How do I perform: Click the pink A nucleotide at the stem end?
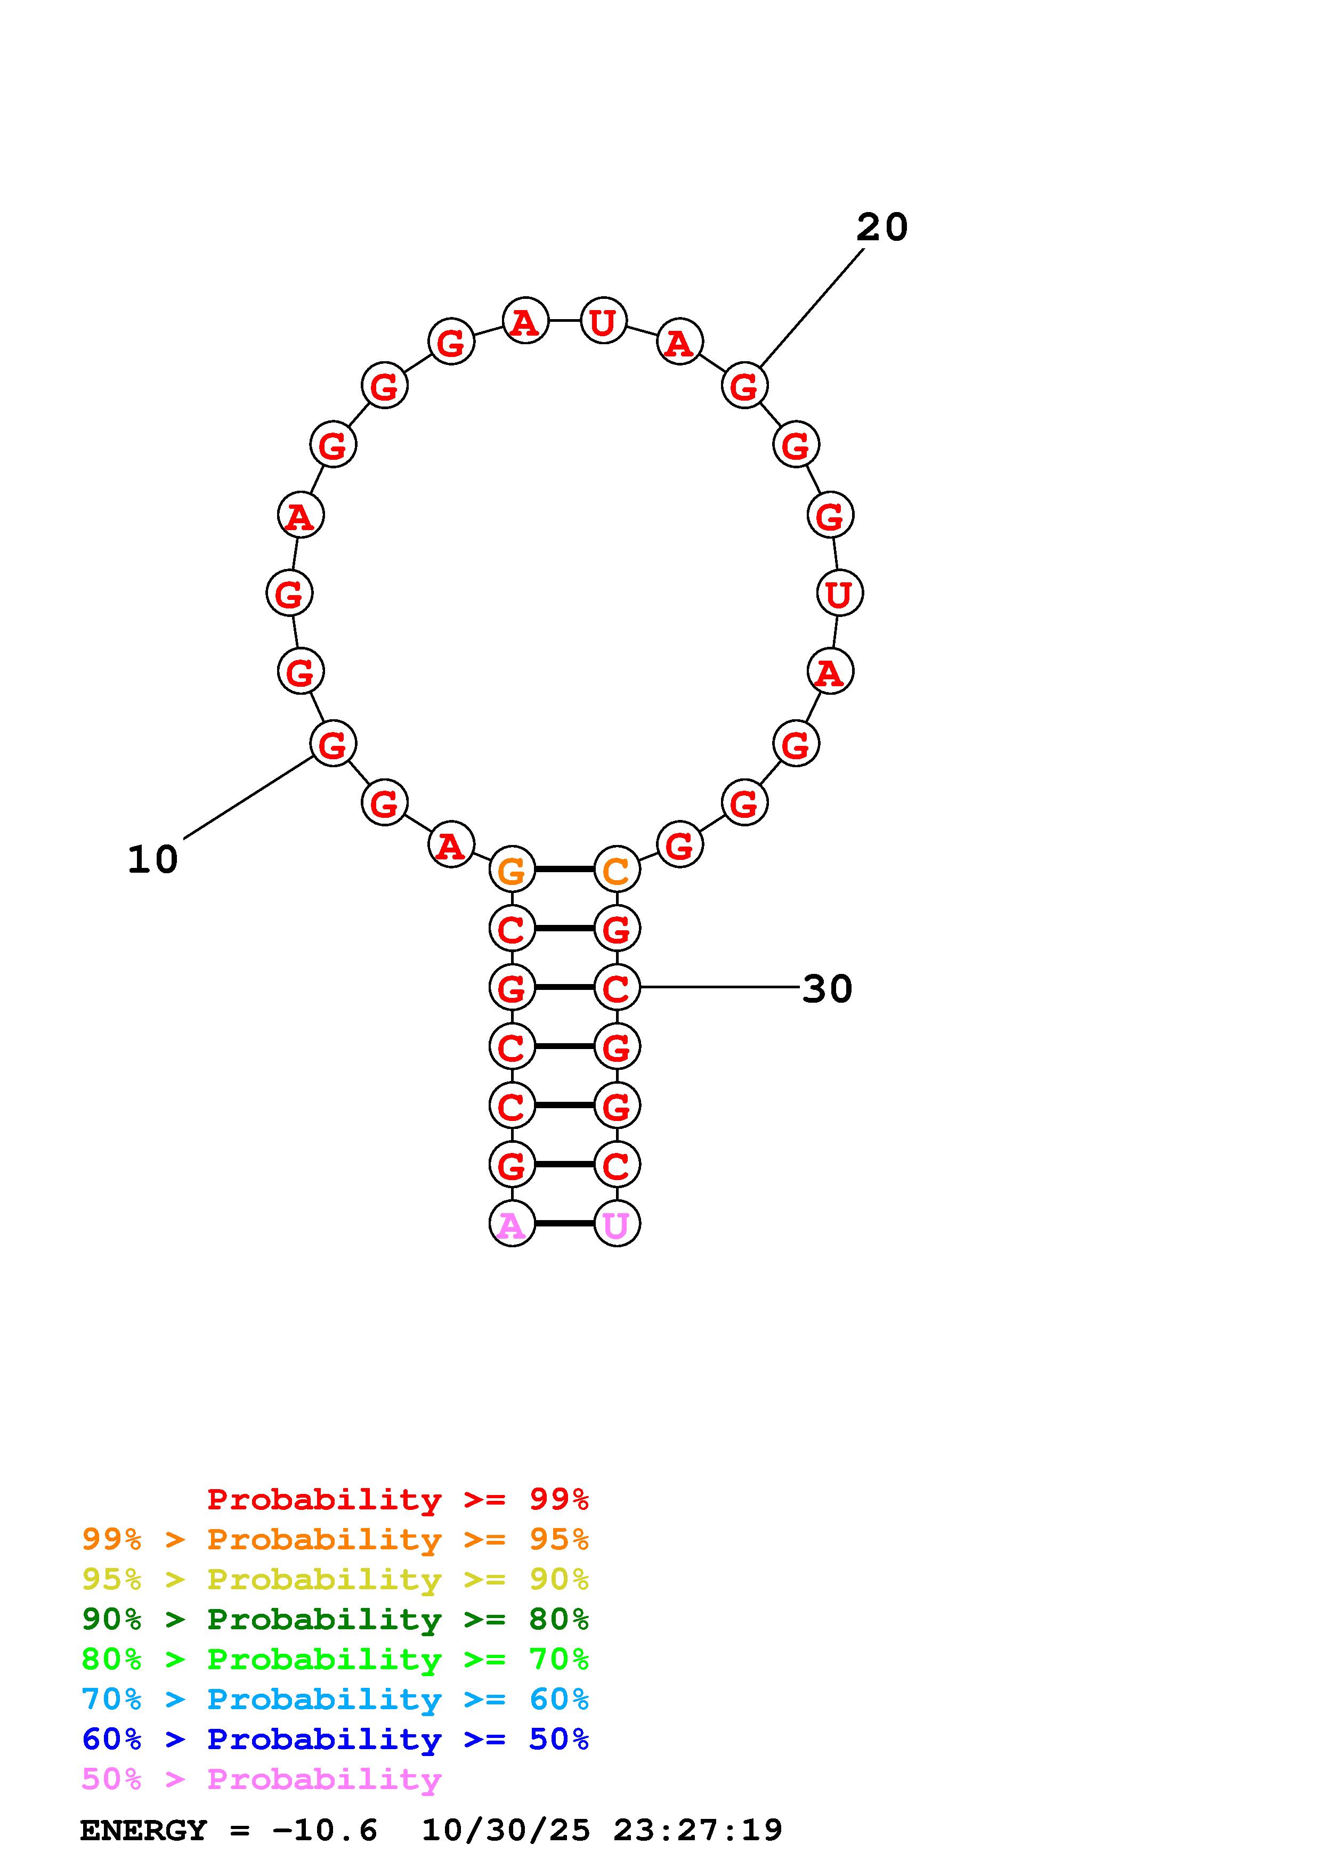click(512, 1223)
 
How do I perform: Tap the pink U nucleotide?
click(617, 1223)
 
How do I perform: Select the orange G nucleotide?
click(512, 870)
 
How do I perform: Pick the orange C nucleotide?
click(617, 870)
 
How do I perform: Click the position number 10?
click(152, 859)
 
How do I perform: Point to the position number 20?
click(881, 227)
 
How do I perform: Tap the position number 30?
click(827, 989)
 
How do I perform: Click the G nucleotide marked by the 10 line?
click(333, 743)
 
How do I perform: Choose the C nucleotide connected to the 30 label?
click(617, 987)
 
